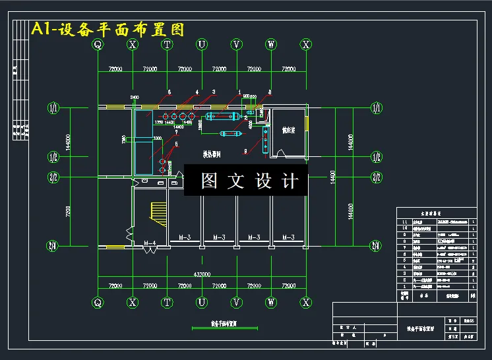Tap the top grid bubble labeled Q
tap(98, 45)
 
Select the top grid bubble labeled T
tap(168, 45)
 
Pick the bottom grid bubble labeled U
tap(202, 303)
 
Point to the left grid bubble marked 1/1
tap(53, 107)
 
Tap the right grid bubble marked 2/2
tap(377, 177)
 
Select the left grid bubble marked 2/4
tap(53, 246)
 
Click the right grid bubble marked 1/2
tap(377, 156)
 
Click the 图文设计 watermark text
tap(245, 181)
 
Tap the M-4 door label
tap(150, 243)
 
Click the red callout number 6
tap(169, 91)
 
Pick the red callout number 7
tap(176, 134)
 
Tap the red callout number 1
tap(239, 92)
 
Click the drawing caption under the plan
tap(214, 324)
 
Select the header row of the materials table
tap(435, 214)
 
